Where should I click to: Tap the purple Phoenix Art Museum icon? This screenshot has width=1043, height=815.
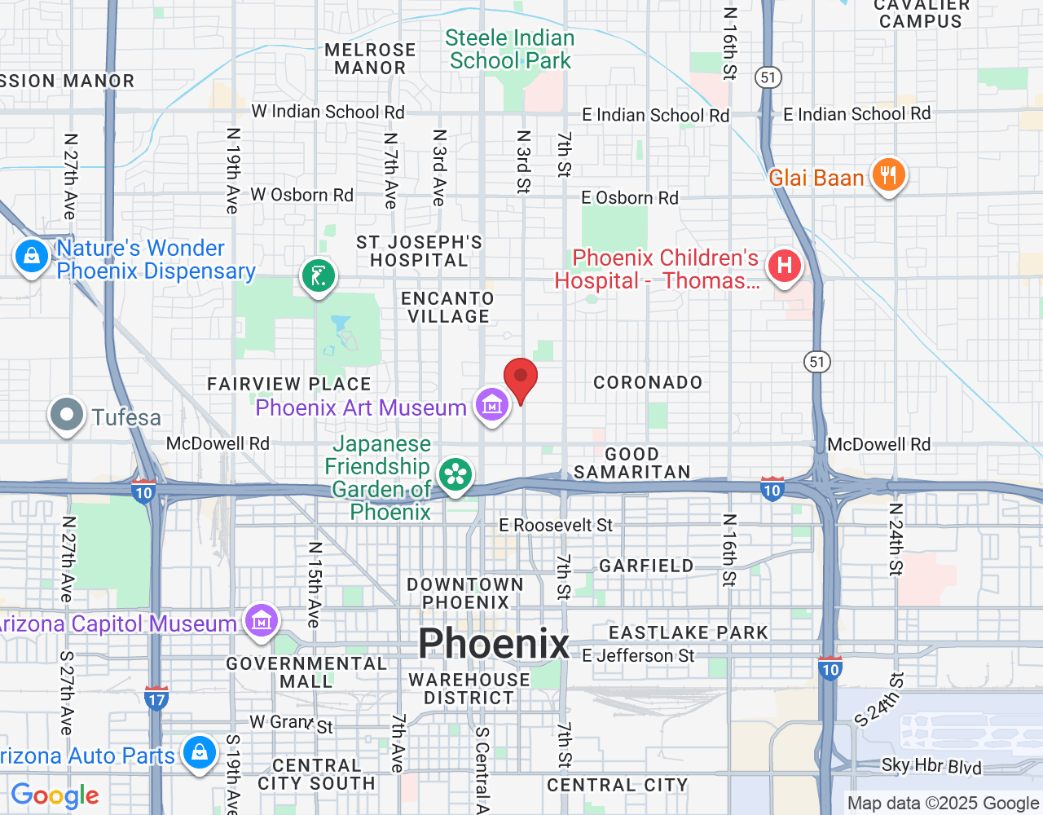point(492,404)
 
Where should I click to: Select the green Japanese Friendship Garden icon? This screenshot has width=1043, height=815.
point(455,474)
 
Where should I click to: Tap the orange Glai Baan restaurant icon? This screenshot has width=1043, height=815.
point(888,175)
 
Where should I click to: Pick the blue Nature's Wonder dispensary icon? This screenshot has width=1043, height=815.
point(32,257)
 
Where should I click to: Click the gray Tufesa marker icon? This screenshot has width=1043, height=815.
point(67,415)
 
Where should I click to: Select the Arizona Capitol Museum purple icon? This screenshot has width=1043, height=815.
point(261,622)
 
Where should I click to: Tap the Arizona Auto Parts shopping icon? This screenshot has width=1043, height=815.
point(199,753)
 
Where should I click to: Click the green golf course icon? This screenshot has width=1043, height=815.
point(318,275)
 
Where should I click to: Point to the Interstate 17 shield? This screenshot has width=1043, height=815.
point(156,698)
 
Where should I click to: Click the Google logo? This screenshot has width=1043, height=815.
point(55,795)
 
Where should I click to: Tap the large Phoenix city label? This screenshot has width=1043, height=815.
point(494,644)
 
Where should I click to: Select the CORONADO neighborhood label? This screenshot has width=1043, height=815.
point(648,382)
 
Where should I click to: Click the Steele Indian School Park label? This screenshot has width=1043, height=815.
point(510,50)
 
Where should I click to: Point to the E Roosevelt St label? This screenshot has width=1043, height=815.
point(555,526)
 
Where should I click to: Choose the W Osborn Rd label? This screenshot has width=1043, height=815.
point(301,195)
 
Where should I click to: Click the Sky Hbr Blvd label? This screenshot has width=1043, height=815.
point(931,766)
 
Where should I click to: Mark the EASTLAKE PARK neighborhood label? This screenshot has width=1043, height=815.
point(689,632)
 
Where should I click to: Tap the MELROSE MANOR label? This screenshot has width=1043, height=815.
point(370,59)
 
